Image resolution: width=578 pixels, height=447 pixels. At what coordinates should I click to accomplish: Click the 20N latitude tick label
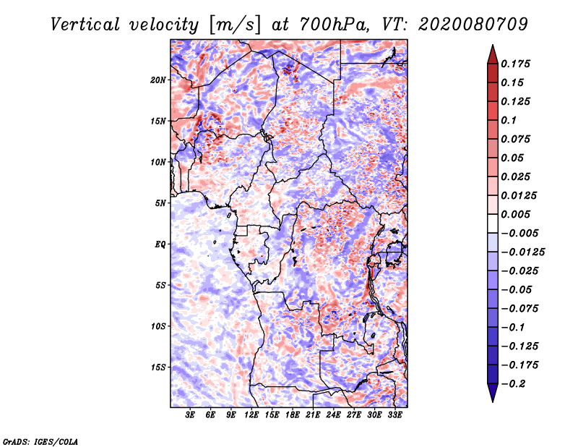[x=158, y=80]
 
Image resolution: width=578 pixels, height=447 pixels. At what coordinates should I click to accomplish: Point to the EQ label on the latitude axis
[x=160, y=244]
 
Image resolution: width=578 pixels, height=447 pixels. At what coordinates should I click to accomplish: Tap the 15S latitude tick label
[x=158, y=367]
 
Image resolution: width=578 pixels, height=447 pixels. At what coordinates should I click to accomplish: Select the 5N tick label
[x=160, y=203]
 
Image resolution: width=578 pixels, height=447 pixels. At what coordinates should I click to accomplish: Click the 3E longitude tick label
[x=190, y=415]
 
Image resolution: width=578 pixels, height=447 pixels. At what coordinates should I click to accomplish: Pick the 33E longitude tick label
[x=394, y=415]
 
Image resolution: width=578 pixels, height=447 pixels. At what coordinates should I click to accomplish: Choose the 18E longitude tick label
[x=293, y=415]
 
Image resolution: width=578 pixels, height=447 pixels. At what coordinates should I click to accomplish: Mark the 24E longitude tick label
[x=333, y=415]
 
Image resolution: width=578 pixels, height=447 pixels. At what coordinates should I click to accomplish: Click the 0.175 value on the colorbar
[x=515, y=64]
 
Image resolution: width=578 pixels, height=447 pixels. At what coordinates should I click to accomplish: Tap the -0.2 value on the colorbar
[x=512, y=384]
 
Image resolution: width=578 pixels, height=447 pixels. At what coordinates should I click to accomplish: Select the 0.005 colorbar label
[x=515, y=214]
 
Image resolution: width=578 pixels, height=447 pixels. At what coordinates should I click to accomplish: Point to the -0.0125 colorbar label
[x=522, y=252]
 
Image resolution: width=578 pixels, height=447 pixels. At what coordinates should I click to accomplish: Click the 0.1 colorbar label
[x=509, y=120]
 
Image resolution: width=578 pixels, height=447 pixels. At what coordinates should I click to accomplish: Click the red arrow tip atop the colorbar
[x=493, y=45]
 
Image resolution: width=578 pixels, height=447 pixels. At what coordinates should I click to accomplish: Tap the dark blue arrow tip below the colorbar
[x=493, y=401]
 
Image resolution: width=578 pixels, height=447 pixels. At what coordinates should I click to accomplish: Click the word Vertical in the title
[x=85, y=25]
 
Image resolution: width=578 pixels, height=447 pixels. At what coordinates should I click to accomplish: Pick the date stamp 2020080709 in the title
[x=473, y=25]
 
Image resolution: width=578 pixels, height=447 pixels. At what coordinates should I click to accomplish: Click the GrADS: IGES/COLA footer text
[x=40, y=442]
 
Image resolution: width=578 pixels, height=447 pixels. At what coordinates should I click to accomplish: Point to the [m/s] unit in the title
[x=234, y=25]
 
